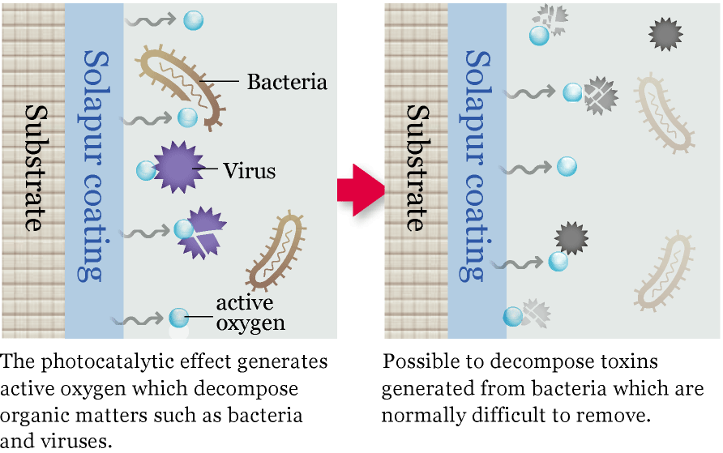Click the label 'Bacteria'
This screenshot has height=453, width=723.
coord(287,82)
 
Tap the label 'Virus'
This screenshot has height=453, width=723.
coord(250,171)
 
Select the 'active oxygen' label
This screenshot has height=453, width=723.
coord(250,313)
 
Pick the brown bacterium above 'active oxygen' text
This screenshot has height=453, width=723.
coord(278,250)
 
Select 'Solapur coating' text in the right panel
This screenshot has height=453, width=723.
coord(477,166)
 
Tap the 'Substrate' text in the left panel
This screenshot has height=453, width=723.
coord(33,166)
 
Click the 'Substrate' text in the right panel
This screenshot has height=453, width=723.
coord(417,166)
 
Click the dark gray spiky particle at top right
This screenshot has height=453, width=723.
coord(665,34)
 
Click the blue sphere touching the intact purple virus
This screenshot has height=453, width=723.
coord(147,170)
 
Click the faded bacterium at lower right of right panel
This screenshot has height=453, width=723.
coord(664,272)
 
